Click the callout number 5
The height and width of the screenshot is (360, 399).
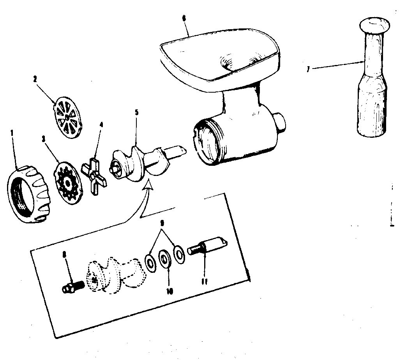click(136, 112)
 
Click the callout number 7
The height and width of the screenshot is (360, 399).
click(307, 69)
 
